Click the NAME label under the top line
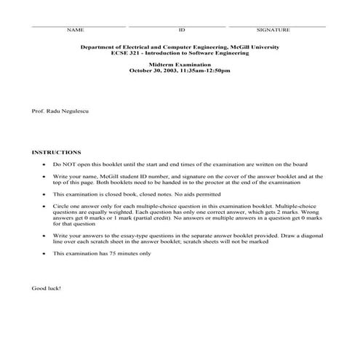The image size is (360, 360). pos(76,30)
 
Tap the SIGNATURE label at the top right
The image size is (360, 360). pos(273,30)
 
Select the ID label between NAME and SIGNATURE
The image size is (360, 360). pos(182,30)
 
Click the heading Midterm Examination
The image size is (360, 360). pos(179,65)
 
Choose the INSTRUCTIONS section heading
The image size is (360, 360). pos(56,153)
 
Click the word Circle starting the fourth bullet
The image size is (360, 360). pos(60,208)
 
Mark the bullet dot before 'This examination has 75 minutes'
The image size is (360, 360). pos(45,253)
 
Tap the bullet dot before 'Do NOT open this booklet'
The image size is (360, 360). pos(45,165)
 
